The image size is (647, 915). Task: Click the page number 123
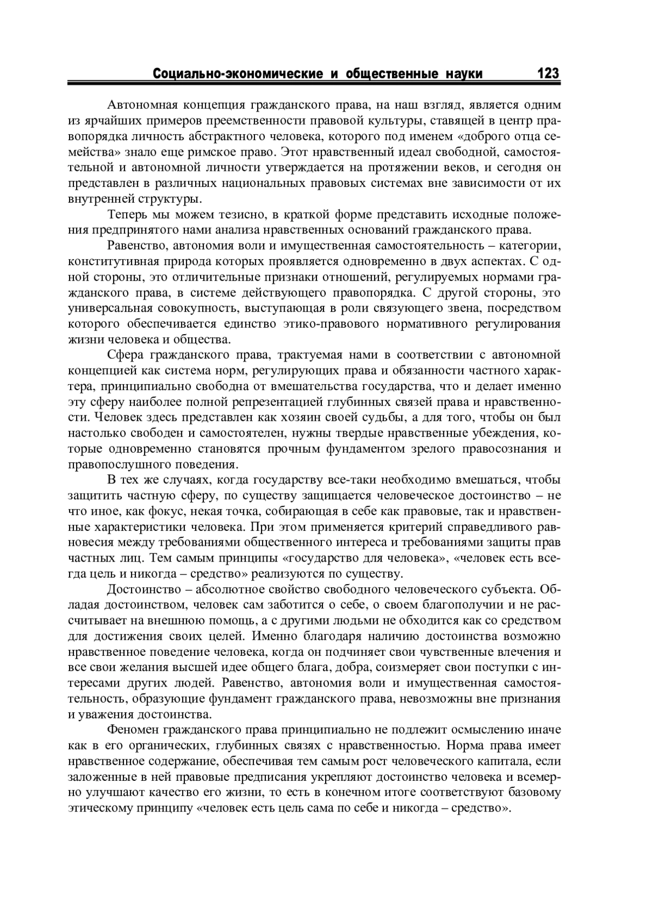pos(548,73)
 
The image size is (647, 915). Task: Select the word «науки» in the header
pos(463,73)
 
